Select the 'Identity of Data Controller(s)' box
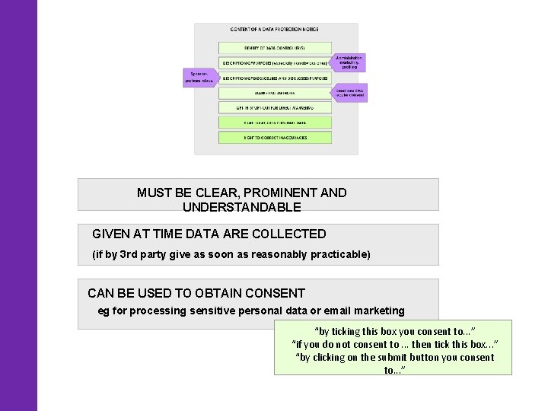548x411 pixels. [275, 47]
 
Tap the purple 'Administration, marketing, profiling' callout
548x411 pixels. [350, 62]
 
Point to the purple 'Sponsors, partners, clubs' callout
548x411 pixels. [199, 77]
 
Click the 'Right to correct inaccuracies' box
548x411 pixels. [275, 137]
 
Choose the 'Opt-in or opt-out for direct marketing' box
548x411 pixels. [275, 107]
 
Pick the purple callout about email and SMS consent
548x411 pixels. [351, 93]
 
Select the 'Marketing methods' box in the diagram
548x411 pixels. [275, 93]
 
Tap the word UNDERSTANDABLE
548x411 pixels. [242, 207]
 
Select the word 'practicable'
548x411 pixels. [339, 254]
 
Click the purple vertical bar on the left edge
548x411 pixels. [18, 205]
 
